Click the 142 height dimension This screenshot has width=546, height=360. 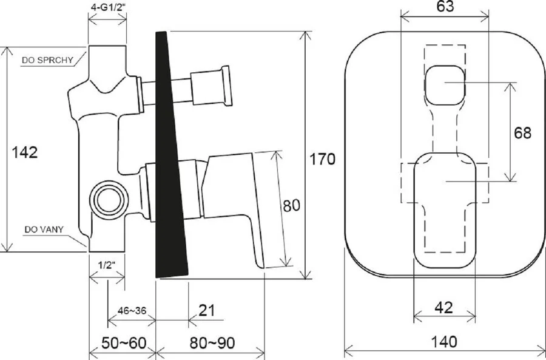25,152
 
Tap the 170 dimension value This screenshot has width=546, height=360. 323,159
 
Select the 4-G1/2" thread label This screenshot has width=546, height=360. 107,7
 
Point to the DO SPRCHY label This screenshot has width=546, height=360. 48,60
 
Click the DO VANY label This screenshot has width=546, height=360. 44,229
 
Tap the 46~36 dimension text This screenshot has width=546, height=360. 132,310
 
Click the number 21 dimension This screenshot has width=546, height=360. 207,310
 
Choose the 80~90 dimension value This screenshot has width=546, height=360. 212,343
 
